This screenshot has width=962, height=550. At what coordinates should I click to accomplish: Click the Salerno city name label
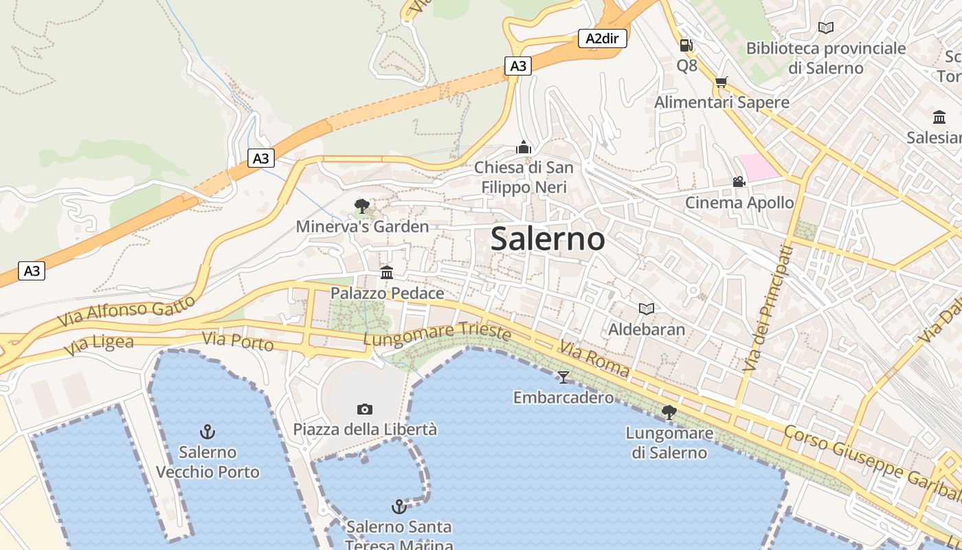[x=548, y=239]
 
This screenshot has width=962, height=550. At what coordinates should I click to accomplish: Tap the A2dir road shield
[x=602, y=38]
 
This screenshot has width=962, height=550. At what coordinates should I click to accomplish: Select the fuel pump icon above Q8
[x=686, y=45]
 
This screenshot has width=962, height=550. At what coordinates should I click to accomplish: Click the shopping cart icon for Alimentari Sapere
[x=721, y=82]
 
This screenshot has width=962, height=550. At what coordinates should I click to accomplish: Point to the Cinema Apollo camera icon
[x=739, y=182]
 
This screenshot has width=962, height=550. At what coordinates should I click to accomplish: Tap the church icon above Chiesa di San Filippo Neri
[x=524, y=147]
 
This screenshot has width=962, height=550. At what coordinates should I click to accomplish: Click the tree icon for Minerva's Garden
[x=361, y=206]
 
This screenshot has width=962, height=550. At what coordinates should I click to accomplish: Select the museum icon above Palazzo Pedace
[x=387, y=273]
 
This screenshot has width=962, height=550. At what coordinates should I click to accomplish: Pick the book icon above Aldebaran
[x=646, y=309]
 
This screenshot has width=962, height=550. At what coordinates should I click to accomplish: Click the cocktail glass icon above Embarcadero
[x=563, y=377]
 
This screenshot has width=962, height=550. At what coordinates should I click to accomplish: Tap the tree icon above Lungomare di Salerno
[x=669, y=412]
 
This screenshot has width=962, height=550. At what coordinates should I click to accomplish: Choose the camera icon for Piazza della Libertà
[x=365, y=409]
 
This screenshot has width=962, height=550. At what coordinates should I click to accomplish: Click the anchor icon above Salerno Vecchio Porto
[x=208, y=432]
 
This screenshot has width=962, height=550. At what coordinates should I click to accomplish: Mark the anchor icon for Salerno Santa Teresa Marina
[x=399, y=507]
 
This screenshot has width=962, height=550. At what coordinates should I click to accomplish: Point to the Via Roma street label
[x=594, y=360]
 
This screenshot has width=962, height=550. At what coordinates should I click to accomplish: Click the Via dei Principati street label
[x=768, y=309]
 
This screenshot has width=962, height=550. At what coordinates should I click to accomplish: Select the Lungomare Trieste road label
[x=437, y=334]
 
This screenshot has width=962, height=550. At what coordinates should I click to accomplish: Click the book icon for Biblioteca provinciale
[x=826, y=28]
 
